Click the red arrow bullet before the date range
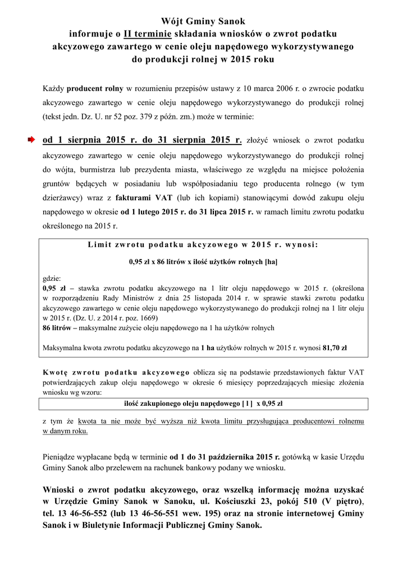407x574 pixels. (33, 140)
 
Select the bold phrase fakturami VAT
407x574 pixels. (143, 198)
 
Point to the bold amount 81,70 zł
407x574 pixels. (334, 348)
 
